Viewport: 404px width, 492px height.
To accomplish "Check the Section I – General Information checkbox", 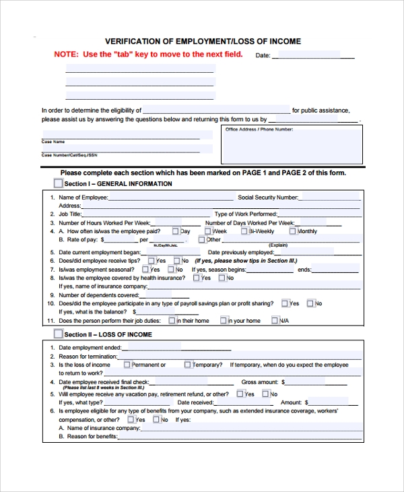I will pyautogui.click(x=58, y=183).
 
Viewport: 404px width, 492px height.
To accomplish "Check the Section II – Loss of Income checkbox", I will pyautogui.click(x=58, y=334).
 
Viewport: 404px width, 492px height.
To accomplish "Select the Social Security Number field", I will pyautogui.click(x=330, y=197).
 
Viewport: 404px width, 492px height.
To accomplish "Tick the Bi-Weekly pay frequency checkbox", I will pyautogui.click(x=244, y=231).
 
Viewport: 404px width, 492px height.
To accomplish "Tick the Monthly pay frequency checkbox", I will pyautogui.click(x=292, y=231).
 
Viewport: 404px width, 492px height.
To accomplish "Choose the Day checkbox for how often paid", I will pyautogui.click(x=176, y=231).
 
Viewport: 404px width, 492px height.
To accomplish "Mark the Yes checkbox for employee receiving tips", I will pyautogui.click(x=151, y=261).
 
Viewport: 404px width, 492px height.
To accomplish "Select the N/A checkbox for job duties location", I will pyautogui.click(x=275, y=321).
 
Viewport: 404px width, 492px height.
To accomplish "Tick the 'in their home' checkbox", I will pyautogui.click(x=172, y=321).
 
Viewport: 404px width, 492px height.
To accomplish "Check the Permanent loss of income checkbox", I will pyautogui.click(x=127, y=365).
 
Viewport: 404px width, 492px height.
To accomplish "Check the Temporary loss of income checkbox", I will pyautogui.click(x=189, y=365).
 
